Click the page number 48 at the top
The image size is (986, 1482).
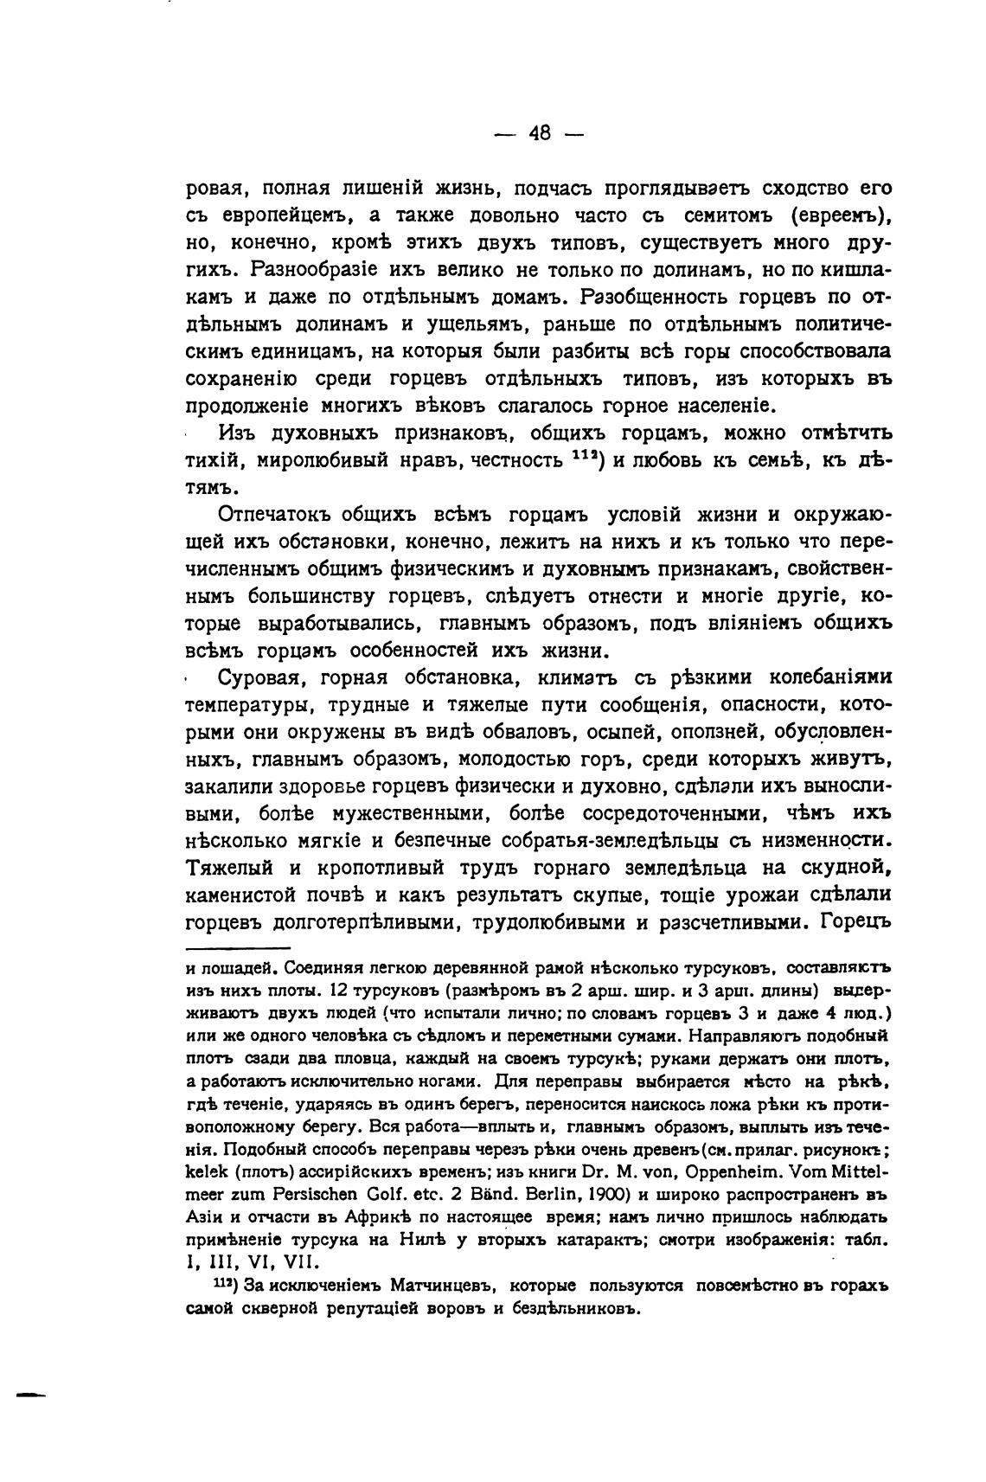[x=540, y=133]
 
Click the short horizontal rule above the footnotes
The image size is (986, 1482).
[x=238, y=949]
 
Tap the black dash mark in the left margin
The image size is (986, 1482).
[x=29, y=1394]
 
